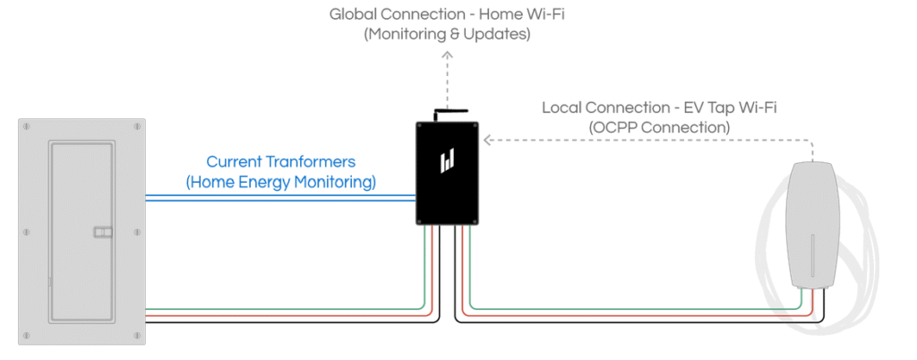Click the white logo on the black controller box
[x=448, y=161]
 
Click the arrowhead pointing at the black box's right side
[x=489, y=141]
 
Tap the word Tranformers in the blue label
[x=313, y=162]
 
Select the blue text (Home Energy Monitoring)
[x=281, y=182]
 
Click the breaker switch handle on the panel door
[x=103, y=233]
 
